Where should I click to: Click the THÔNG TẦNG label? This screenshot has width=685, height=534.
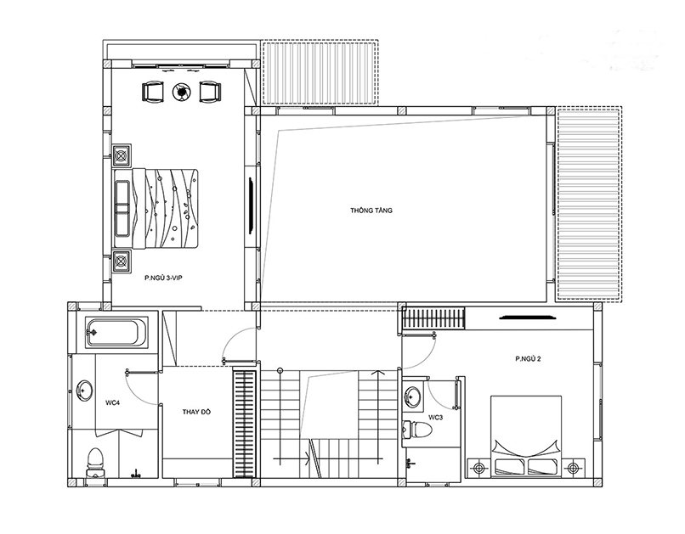pos(371,211)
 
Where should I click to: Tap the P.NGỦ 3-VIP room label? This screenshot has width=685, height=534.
pos(163,278)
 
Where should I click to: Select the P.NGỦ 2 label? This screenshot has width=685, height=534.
pos(528,359)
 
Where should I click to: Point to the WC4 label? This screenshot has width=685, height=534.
pos(113,402)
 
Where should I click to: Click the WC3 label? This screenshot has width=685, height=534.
pos(435,418)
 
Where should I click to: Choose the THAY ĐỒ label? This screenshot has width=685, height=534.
pos(196,412)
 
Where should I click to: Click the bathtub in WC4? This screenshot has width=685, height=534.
pos(116,333)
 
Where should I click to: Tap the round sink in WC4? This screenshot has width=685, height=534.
pos(84,390)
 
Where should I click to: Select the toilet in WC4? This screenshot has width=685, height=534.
pos(95,462)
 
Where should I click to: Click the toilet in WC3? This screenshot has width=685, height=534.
pos(416,430)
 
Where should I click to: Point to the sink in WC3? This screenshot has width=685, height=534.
pos(413,396)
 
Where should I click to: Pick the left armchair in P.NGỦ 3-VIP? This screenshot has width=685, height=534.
pos(152,92)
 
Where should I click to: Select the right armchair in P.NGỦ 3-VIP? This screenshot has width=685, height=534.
pos(210,92)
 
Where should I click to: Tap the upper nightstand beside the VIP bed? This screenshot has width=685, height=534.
pos(122,155)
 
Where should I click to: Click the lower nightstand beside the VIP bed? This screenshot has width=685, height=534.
pos(122,261)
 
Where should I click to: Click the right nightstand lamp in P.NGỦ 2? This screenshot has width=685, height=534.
pos(573,469)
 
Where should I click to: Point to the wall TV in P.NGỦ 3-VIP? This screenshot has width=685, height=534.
pos(252,205)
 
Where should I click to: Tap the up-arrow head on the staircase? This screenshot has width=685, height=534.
pos(378,373)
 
